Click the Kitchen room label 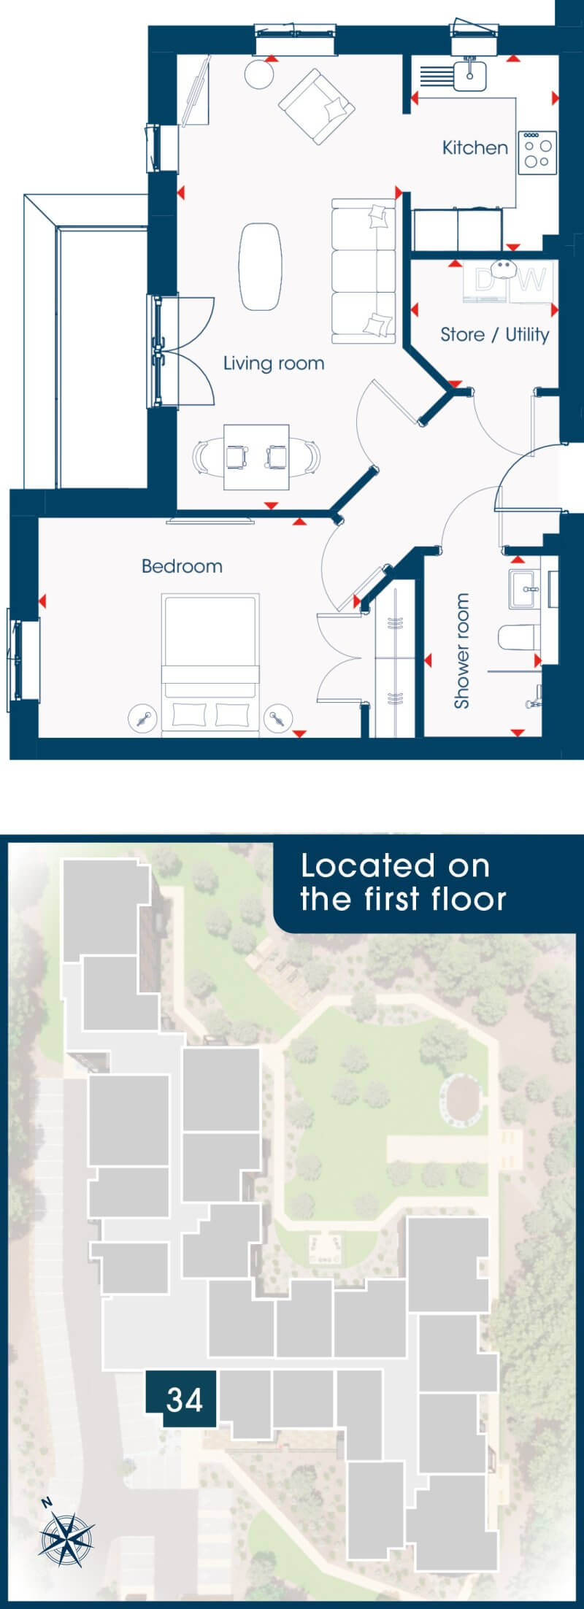(x=474, y=147)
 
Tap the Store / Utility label (x=494, y=334)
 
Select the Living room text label (x=274, y=363)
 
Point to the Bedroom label (x=182, y=566)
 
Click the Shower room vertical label (x=461, y=650)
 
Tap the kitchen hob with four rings (x=537, y=152)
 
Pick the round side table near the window (x=258, y=74)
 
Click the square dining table (x=255, y=457)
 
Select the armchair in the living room (x=317, y=107)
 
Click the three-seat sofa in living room (x=364, y=271)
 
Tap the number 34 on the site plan (x=184, y=1400)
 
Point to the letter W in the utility (x=532, y=279)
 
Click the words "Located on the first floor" (x=403, y=882)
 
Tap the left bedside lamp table (x=142, y=719)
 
